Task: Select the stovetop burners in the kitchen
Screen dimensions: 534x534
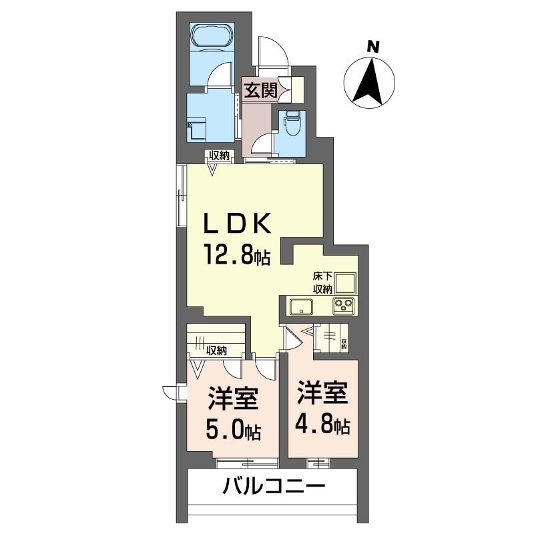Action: tap(344, 306)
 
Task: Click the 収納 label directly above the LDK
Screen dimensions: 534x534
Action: tap(220, 156)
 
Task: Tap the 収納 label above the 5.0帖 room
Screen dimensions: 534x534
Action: tap(216, 349)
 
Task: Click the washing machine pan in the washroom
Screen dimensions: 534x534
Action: tap(198, 129)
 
